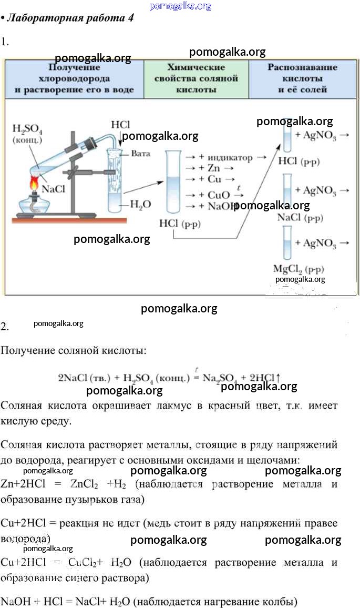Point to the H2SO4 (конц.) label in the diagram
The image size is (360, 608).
pos(27,134)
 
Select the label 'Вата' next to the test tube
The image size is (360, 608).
pos(141,154)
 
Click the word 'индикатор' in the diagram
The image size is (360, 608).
pos(230,158)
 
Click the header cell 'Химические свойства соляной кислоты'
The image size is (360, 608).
pos(196,78)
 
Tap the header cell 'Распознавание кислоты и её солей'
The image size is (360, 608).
pos(302,78)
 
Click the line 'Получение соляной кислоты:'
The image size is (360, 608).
pos(73,350)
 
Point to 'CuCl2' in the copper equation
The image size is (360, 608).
pos(84,562)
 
